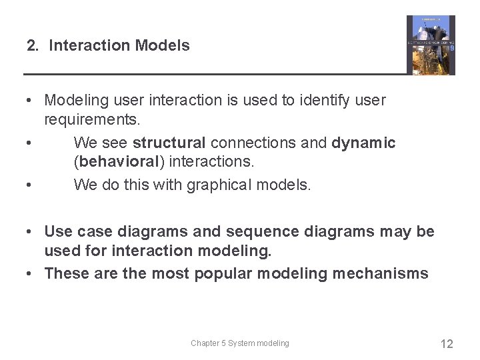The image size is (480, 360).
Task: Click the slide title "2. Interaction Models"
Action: [108, 46]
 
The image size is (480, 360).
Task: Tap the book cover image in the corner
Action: [431, 45]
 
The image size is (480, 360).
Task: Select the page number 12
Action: [447, 344]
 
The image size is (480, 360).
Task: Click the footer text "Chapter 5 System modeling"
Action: [240, 343]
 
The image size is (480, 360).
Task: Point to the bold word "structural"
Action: [169, 143]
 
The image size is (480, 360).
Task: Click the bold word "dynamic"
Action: [363, 143]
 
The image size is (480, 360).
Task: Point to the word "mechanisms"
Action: [378, 273]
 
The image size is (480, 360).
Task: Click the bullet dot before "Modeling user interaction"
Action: [31, 101]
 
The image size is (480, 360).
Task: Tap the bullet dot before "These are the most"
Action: [31, 273]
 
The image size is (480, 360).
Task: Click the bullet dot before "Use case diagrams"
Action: [31, 231]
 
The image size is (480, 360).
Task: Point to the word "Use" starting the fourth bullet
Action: [58, 231]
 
